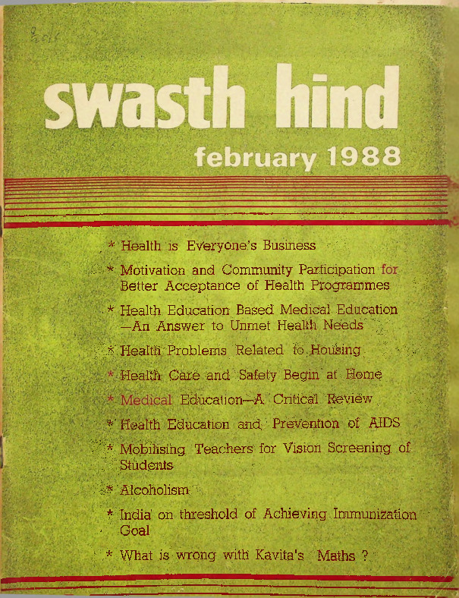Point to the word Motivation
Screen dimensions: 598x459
(159, 270)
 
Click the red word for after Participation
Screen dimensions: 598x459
(390, 269)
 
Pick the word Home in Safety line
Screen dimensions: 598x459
(363, 375)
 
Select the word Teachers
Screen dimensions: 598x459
(223, 449)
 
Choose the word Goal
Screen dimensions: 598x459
(135, 530)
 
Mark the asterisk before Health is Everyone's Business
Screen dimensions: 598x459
(111, 246)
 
